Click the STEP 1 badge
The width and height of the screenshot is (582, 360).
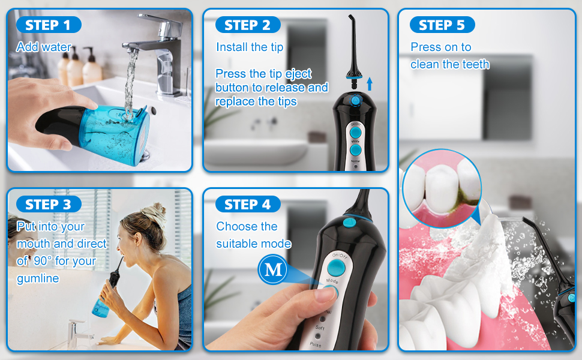(x=49, y=25)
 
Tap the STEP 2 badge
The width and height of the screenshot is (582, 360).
(x=247, y=25)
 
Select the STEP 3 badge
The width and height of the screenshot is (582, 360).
(x=49, y=205)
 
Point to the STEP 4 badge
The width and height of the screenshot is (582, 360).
(x=247, y=205)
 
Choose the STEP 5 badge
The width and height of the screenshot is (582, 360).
(x=442, y=25)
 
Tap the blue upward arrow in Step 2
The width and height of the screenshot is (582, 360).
(x=370, y=83)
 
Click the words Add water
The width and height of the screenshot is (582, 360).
(x=44, y=47)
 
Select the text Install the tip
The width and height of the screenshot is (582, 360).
(x=250, y=47)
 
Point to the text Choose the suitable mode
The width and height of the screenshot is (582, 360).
(x=253, y=235)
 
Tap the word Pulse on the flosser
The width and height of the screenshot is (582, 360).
(x=315, y=345)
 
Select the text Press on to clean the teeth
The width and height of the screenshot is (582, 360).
(x=449, y=56)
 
